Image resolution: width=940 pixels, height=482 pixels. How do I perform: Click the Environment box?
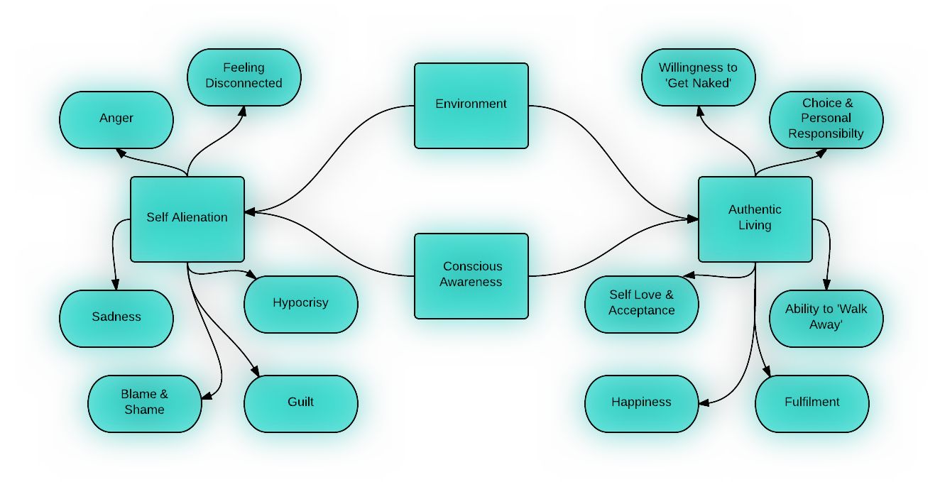pyautogui.click(x=471, y=105)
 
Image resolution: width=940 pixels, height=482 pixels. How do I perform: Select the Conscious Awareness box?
pyautogui.click(x=471, y=275)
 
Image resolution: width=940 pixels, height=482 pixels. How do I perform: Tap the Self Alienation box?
pyautogui.click(x=187, y=218)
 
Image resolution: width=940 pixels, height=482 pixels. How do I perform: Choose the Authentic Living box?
pyautogui.click(x=755, y=218)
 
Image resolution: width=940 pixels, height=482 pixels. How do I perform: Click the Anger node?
pyautogui.click(x=116, y=119)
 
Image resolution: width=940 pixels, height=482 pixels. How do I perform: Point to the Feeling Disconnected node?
pyautogui.click(x=244, y=76)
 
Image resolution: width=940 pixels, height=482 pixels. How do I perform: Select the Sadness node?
pyautogui.click(x=116, y=317)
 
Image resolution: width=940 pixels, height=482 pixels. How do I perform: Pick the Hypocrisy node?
pyautogui.click(x=300, y=303)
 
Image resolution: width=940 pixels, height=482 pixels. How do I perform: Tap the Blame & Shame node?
pyautogui.click(x=144, y=402)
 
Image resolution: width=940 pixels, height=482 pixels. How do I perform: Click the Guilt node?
pyautogui.click(x=300, y=402)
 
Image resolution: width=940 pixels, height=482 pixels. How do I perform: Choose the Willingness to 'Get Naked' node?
pyautogui.click(x=698, y=76)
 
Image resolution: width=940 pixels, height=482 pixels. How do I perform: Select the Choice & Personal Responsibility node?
pyautogui.click(x=826, y=119)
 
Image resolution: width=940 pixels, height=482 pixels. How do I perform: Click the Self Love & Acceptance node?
pyautogui.click(x=641, y=303)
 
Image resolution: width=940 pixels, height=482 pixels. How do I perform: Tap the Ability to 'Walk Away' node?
pyautogui.click(x=826, y=317)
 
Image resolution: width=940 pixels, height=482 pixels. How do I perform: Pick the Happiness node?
pyautogui.click(x=641, y=402)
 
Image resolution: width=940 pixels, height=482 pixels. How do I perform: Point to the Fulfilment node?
pyautogui.click(x=811, y=402)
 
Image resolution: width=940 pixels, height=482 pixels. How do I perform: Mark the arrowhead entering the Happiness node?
pyautogui.click(x=704, y=403)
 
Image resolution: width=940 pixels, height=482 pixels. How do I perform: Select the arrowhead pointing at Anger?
pyautogui.click(x=121, y=151)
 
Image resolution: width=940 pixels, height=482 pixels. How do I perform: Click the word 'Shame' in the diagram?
pyautogui.click(x=144, y=410)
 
